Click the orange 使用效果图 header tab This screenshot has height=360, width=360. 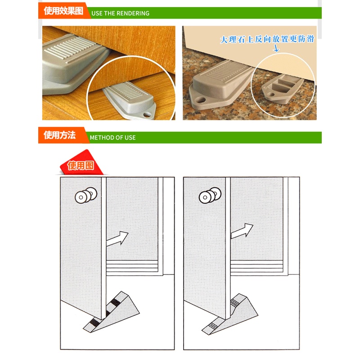point(63,10)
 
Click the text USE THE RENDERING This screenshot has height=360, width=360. point(120,13)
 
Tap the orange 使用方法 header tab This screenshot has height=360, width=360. point(62,135)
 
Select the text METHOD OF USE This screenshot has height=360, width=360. point(113,138)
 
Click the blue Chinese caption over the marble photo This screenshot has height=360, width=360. point(267,39)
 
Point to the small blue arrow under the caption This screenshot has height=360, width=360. point(276,48)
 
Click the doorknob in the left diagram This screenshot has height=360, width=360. point(86,195)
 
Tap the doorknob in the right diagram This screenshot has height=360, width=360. point(210,195)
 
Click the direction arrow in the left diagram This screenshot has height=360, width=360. point(117,239)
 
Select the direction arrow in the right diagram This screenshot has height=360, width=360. point(242,231)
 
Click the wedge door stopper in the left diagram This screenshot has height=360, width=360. point(112,312)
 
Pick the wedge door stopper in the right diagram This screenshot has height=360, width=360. point(230,314)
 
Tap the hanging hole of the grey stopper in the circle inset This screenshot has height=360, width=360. point(147,114)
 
